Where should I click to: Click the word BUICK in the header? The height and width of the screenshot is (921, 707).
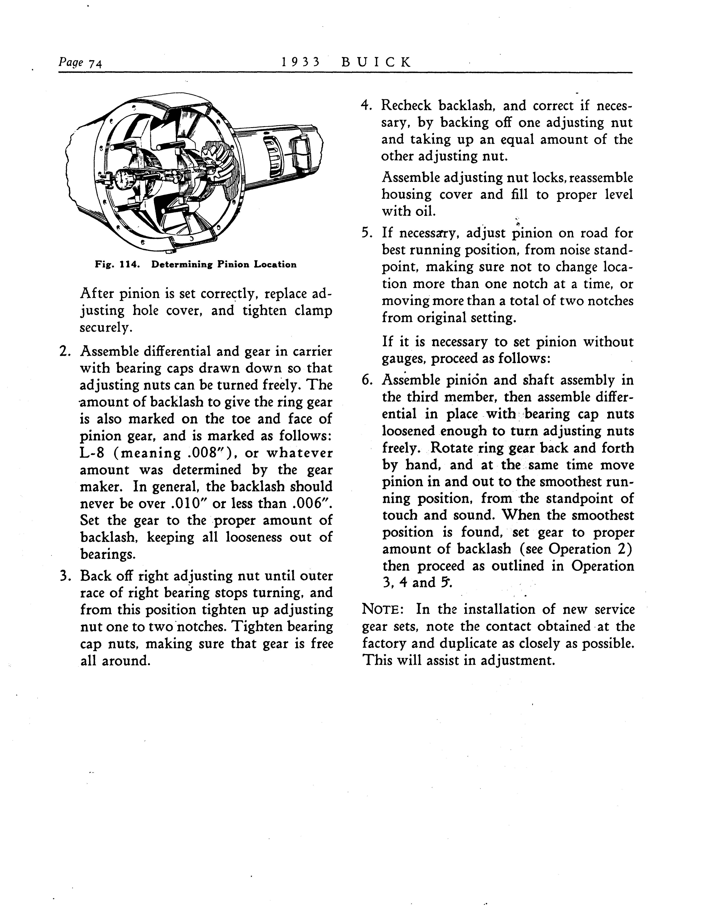(376, 62)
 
